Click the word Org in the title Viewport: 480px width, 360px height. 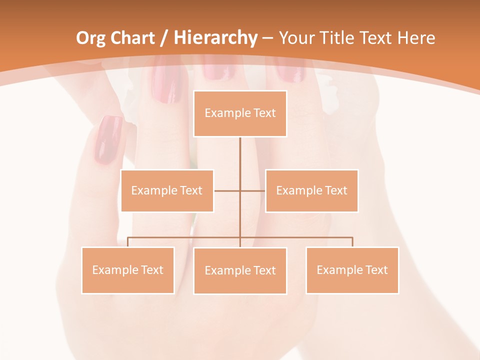[x=90, y=38]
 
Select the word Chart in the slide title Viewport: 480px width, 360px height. [x=132, y=38]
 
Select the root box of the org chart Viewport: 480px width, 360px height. [x=240, y=113]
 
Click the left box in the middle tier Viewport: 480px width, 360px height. [x=167, y=190]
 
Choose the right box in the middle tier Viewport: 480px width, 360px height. [x=311, y=190]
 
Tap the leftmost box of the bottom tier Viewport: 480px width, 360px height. [x=127, y=270]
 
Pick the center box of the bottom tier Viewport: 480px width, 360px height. [x=240, y=270]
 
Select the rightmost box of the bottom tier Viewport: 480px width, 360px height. [x=352, y=270]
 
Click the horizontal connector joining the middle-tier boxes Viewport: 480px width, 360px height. [x=227, y=190]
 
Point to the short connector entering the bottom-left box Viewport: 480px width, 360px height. [x=127, y=242]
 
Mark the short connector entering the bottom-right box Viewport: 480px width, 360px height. [x=352, y=242]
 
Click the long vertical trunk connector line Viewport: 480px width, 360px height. [x=240, y=160]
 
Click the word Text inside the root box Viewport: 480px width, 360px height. [x=264, y=113]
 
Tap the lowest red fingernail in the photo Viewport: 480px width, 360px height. [x=109, y=140]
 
